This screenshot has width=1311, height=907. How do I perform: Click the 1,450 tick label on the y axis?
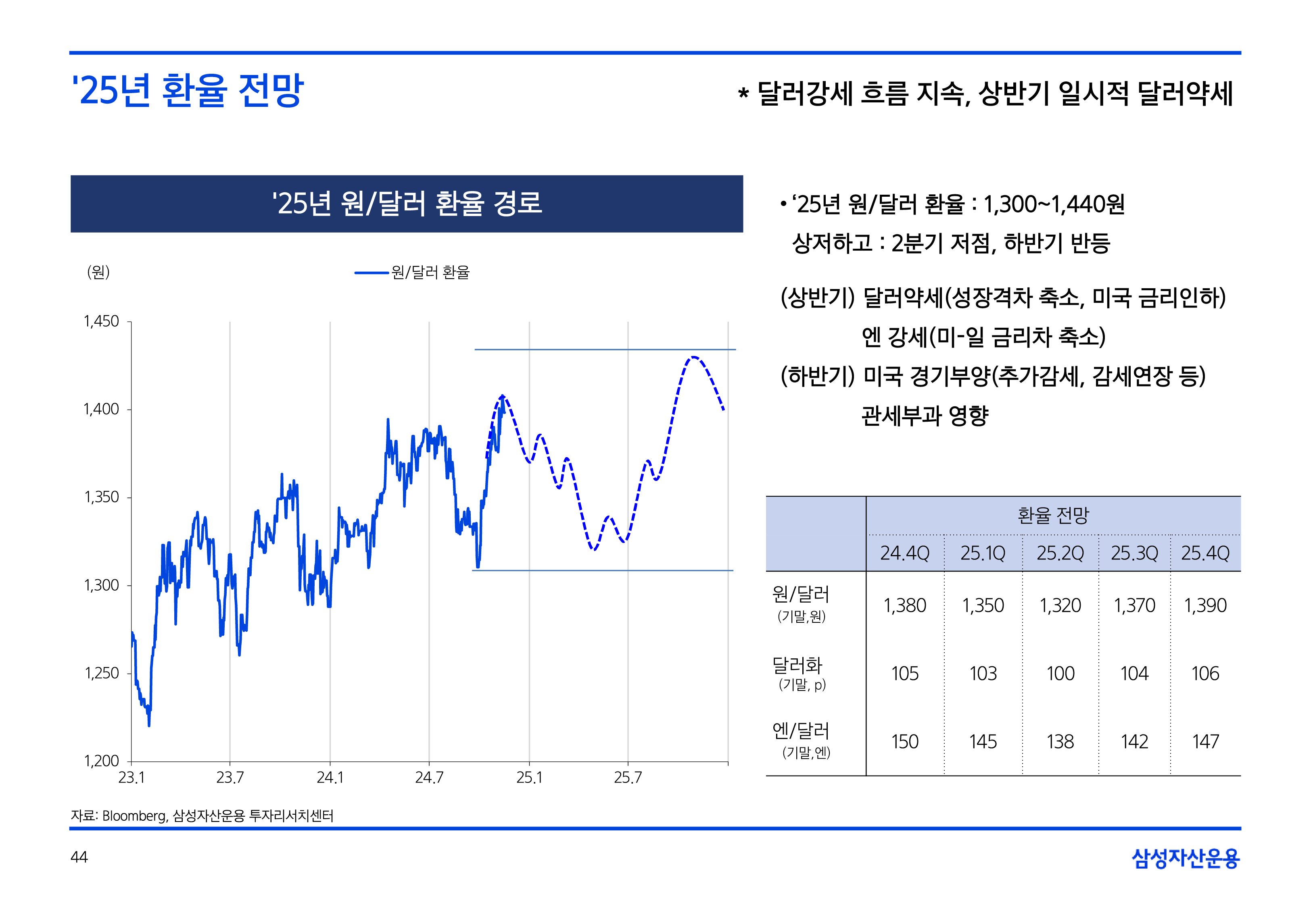[101, 322]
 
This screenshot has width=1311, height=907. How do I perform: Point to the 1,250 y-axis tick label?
[102, 674]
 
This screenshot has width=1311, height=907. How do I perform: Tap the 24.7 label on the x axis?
[429, 778]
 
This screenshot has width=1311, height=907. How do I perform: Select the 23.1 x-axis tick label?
[132, 778]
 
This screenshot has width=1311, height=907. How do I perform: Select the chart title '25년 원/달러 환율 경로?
[407, 204]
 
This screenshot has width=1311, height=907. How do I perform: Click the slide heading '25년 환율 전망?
[188, 91]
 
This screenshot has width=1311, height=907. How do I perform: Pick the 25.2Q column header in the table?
[1060, 553]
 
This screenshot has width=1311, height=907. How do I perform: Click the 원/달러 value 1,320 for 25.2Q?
[1060, 606]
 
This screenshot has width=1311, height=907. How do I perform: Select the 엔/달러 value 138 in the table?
[1060, 742]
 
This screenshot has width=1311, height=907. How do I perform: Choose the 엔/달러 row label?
[800, 731]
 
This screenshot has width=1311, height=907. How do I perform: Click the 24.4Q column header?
[904, 553]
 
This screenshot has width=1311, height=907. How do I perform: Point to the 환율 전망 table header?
[1053, 516]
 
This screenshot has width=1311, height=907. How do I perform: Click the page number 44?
[79, 857]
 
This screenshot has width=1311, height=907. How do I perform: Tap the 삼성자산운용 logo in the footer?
[1186, 858]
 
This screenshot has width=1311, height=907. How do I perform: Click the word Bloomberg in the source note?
[134, 816]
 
